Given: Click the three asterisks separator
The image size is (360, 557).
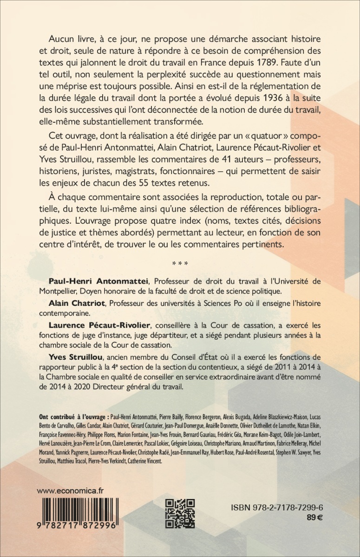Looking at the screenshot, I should coord(180,265).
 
